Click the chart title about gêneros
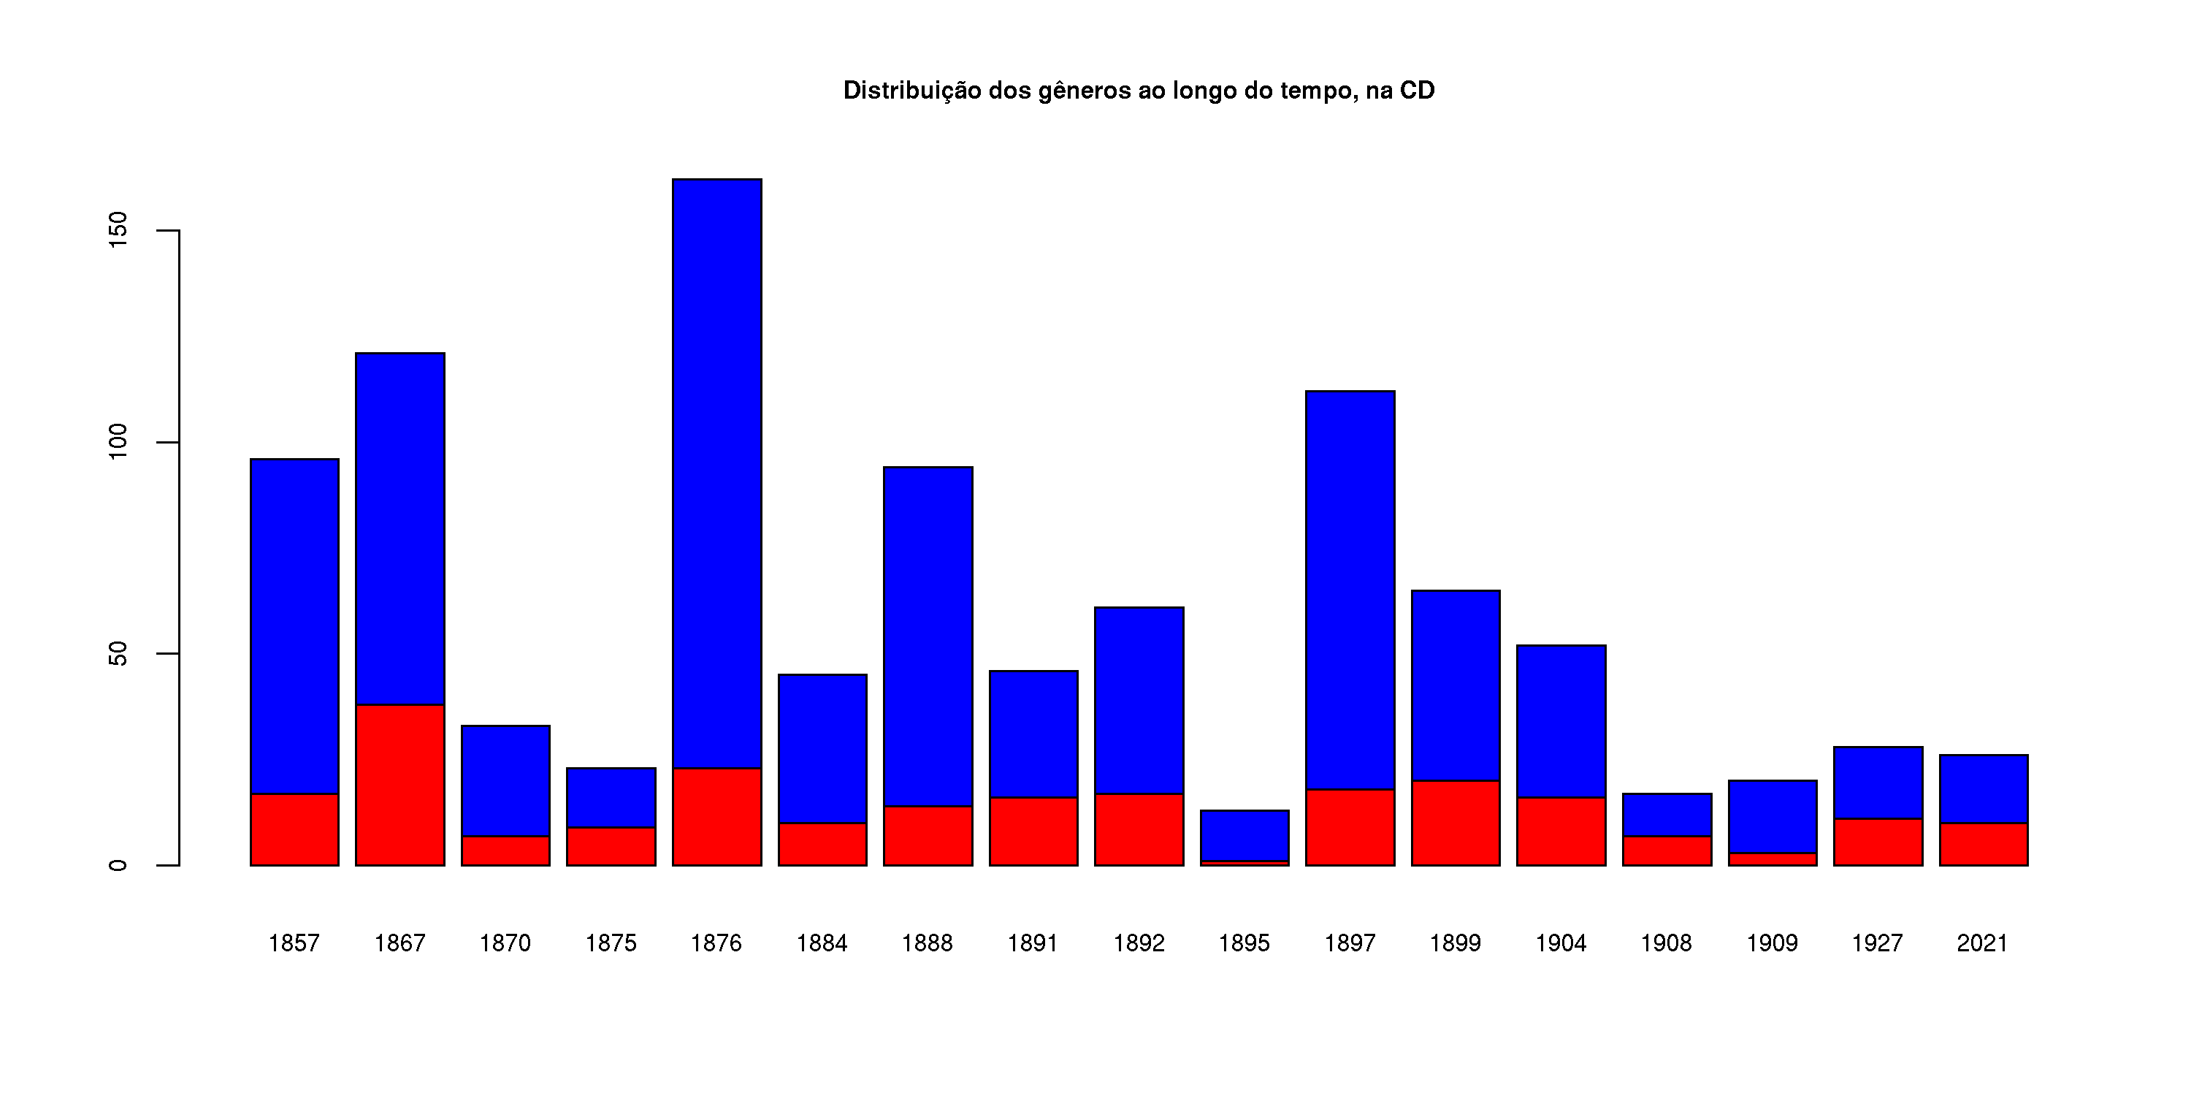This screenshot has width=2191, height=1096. tap(1138, 90)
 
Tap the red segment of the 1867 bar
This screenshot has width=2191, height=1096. tap(399, 785)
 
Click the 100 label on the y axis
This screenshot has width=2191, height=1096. tap(118, 443)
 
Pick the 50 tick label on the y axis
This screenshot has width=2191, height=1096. tap(118, 653)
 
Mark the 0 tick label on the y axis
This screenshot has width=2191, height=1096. tap(118, 865)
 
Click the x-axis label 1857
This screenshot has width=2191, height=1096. tap(294, 943)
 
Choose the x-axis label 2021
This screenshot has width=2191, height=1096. tap(1983, 943)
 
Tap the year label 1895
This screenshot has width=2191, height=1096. tap(1244, 943)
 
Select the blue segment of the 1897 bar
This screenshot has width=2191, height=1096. tap(1350, 590)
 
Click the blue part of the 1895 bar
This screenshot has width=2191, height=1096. tap(1244, 836)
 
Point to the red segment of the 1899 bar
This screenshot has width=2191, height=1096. tap(1456, 823)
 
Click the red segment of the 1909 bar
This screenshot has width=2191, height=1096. tap(1773, 859)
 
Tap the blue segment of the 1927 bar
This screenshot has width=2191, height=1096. tap(1878, 783)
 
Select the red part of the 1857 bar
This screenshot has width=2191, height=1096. tap(294, 829)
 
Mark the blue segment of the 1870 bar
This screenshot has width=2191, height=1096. tap(505, 780)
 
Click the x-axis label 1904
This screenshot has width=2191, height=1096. tap(1561, 943)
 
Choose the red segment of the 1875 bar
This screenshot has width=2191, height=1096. tap(611, 847)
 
